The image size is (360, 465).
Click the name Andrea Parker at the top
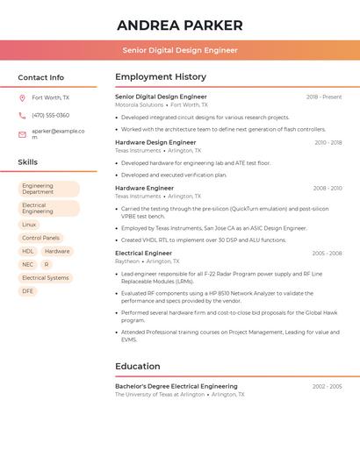pos(180,24)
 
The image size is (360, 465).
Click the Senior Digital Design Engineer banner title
pos(180,50)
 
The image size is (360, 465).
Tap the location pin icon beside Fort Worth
pos(22,97)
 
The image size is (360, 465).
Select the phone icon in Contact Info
pos(22,115)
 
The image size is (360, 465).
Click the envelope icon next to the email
pos(22,133)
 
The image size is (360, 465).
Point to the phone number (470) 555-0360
pos(50,115)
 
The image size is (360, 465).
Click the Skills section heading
pos(28,162)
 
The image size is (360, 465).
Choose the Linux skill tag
pos(30,225)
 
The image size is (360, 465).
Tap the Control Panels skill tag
pos(40,238)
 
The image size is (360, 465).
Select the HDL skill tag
pos(28,251)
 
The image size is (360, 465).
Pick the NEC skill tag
pos(28,264)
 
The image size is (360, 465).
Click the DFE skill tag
pos(28,290)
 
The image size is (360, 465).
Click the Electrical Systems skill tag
pos(45,277)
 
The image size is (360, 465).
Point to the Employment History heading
pos(161,77)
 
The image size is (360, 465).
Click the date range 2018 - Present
pos(324,97)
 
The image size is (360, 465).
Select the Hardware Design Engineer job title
pos(155,142)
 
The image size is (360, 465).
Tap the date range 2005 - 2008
pos(327,254)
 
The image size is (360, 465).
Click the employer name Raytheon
pos(126,261)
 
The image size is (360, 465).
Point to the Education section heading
pos(138,366)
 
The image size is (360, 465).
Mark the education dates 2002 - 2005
pos(327,386)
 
